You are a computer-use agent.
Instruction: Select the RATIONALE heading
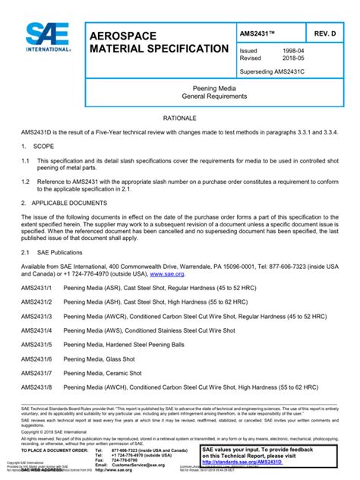[x=180, y=119]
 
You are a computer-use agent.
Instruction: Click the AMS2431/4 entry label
[x=38, y=333]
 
